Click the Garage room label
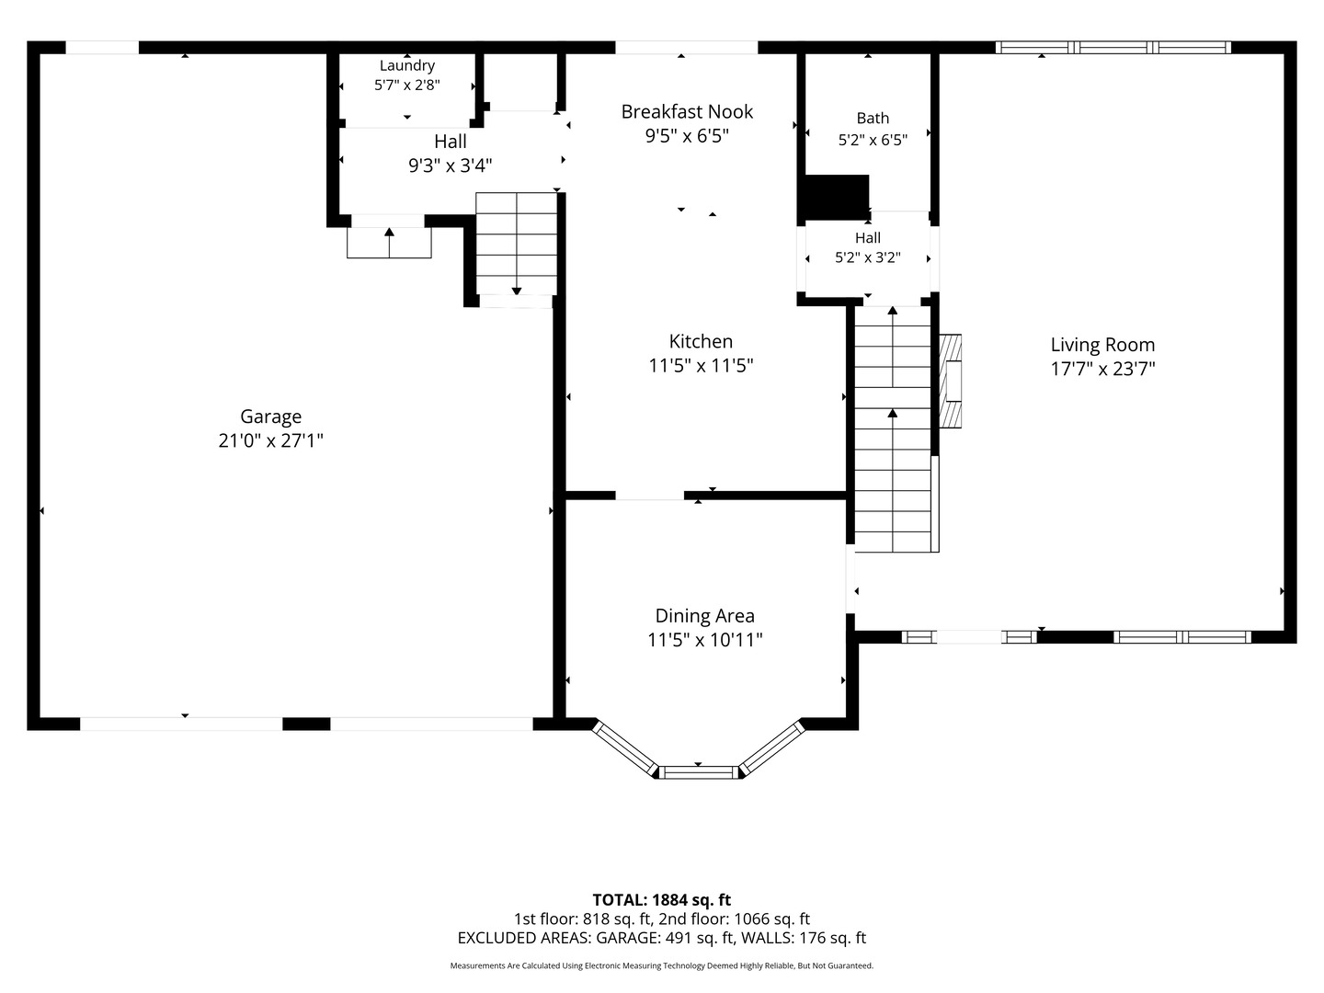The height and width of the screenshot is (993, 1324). click(271, 417)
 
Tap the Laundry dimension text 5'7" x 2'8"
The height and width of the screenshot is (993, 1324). click(407, 85)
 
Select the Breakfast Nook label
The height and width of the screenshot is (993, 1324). click(687, 111)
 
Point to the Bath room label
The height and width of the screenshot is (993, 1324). click(873, 119)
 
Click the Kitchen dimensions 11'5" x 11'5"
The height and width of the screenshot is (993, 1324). click(701, 365)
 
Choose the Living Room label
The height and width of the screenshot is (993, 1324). click(1102, 345)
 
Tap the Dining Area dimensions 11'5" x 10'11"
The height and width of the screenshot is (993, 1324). click(705, 640)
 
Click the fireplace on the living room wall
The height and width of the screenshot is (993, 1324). click(950, 381)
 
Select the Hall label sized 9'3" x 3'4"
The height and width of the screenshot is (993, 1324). click(451, 142)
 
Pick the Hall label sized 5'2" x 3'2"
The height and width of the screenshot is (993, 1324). click(868, 238)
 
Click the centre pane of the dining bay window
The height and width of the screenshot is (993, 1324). click(699, 772)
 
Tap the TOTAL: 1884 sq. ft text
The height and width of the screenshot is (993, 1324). click(662, 900)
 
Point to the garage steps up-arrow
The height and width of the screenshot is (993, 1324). click(389, 243)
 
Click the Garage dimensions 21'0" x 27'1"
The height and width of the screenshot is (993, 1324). click(271, 440)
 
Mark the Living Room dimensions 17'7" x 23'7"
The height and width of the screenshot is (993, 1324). click(1102, 369)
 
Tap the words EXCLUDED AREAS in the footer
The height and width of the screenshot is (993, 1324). click(523, 938)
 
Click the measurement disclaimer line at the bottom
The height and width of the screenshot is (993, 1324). click(662, 965)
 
